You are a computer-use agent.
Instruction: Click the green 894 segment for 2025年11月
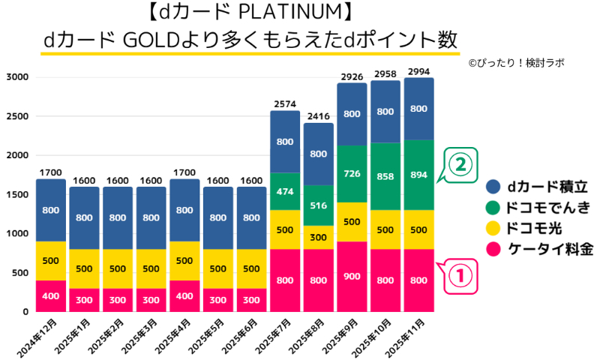pyautogui.click(x=418, y=175)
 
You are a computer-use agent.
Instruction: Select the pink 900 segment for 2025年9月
pyautogui.click(x=352, y=275)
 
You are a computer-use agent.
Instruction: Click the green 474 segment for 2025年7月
pyautogui.click(x=284, y=191)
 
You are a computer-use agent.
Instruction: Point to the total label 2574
pyautogui.click(x=284, y=103)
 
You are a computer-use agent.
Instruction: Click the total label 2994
pyautogui.click(x=418, y=71)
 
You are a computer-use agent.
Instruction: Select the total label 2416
pyautogui.click(x=318, y=116)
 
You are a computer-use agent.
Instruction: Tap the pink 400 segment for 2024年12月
pyautogui.click(x=50, y=295)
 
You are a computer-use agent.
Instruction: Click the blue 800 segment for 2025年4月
pyautogui.click(x=184, y=210)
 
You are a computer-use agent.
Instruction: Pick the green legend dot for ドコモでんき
pyautogui.click(x=493, y=208)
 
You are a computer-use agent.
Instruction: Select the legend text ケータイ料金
pyautogui.click(x=549, y=250)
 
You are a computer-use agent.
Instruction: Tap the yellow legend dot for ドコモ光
pyautogui.click(x=493, y=229)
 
